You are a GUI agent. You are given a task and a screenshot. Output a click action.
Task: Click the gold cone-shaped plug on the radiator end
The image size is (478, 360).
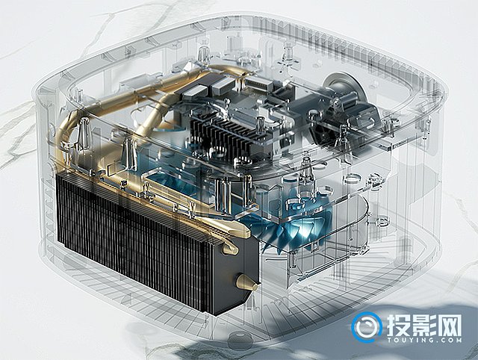point(247,283)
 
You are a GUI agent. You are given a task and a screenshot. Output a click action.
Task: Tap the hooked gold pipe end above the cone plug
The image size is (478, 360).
point(231,249)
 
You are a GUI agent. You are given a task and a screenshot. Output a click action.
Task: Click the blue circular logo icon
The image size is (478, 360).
point(367,327)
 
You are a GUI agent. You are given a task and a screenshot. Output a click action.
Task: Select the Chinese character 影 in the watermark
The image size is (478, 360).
point(424,325)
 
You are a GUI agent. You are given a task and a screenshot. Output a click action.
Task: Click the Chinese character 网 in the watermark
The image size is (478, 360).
point(450,325)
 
